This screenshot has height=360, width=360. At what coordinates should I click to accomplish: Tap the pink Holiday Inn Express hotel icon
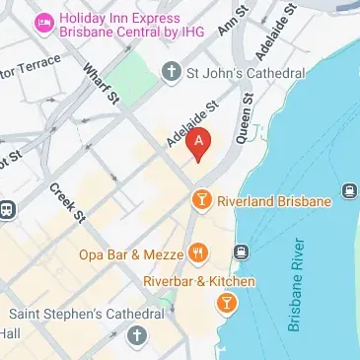42,21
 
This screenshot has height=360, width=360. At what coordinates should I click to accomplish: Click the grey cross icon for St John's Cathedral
172,71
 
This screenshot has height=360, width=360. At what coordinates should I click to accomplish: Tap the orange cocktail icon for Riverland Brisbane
201,201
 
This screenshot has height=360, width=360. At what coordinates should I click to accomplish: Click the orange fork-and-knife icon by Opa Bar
200,253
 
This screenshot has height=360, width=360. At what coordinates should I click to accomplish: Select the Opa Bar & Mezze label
133,254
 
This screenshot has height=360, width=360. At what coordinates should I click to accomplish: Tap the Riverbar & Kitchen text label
199,282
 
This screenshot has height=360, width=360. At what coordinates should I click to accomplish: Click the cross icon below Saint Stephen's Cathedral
136,336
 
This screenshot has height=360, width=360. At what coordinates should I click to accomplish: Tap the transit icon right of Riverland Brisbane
348,190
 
